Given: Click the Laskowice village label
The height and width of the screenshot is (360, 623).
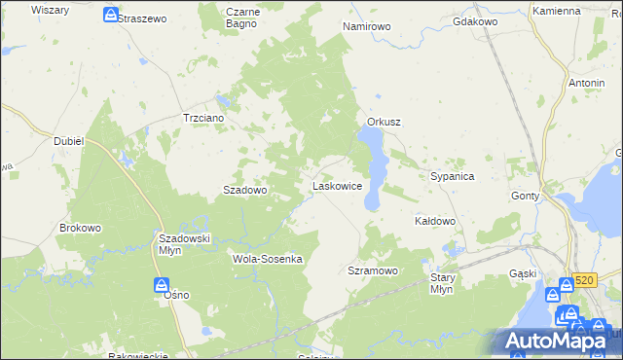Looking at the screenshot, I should click(337, 185).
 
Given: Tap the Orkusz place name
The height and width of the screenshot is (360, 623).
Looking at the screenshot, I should click(385, 122).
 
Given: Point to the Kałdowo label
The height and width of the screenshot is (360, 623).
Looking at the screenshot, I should click(435, 221).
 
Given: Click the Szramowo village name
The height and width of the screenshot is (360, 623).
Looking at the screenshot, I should click(373, 270).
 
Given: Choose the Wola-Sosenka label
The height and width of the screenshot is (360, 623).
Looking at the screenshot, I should click(268, 259).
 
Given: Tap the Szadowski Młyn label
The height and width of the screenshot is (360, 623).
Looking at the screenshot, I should click(185, 243).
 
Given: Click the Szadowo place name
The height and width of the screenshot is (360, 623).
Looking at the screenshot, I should click(245, 191).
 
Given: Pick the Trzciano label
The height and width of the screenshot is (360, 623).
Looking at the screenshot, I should click(204, 118).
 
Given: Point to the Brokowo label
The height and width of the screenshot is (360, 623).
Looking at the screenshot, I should click(80, 228).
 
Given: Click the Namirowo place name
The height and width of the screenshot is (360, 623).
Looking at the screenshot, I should click(367, 26).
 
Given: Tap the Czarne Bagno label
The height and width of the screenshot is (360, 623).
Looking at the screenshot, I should click(241, 18).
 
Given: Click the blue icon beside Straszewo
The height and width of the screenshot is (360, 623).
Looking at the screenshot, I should click(111, 16).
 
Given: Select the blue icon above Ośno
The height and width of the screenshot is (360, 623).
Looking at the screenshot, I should click(162, 285).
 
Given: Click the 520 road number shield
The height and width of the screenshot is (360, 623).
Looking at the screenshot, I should click(583, 280).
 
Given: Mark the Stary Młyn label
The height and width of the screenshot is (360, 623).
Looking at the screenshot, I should click(442, 283).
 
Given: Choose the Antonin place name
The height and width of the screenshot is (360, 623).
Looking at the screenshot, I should click(586, 83).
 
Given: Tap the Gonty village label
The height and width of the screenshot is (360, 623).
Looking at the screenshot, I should click(525, 196).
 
